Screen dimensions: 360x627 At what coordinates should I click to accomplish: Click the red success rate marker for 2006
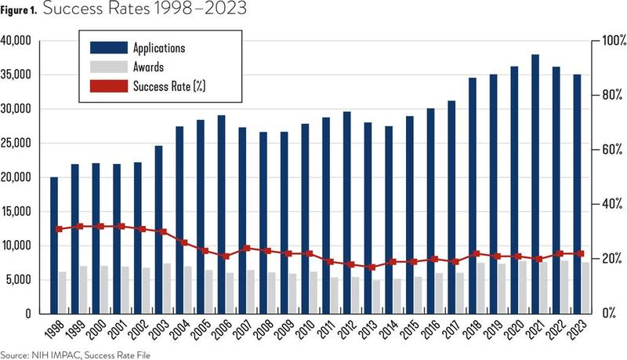(225, 256)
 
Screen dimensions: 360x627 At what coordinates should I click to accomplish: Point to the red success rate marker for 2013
(371, 267)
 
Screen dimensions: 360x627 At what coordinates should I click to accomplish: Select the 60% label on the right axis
(604, 150)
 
